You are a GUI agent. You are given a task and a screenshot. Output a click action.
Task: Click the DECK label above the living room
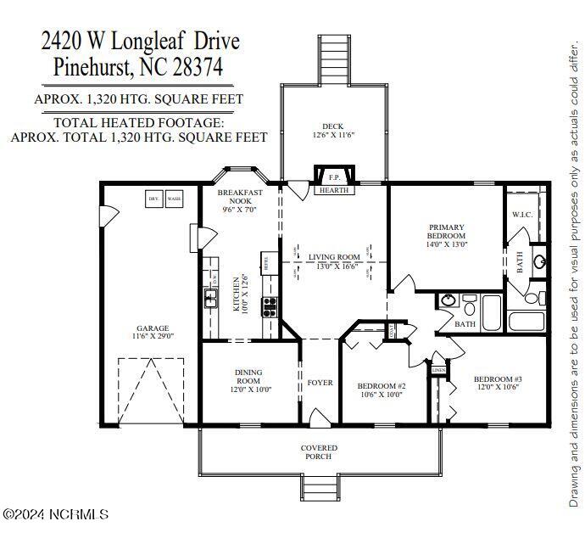point(331,126)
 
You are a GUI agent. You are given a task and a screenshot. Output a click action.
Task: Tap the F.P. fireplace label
point(334,178)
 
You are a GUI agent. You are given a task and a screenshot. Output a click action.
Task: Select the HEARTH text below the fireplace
point(334,191)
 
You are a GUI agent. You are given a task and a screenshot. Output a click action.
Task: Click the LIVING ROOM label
point(334,257)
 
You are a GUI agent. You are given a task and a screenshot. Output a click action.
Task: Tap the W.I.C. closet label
point(522,215)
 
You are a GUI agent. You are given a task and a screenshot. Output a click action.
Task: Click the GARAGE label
point(153,328)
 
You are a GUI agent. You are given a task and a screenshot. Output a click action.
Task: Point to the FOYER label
point(320,383)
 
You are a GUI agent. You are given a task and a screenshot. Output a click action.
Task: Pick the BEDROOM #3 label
point(498,379)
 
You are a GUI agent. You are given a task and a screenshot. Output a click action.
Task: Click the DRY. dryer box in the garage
point(154,199)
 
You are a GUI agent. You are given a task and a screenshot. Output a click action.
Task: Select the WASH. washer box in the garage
point(174,199)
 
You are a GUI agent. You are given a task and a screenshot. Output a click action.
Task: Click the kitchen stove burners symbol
point(269,305)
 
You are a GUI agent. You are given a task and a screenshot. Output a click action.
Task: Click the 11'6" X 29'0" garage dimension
point(153,337)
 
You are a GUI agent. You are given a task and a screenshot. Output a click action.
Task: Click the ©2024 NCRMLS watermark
point(56,514)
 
